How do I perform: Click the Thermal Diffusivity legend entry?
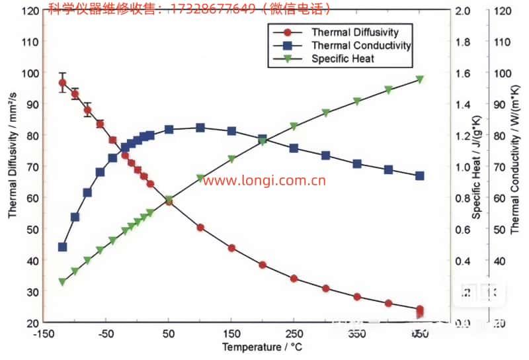(354, 32)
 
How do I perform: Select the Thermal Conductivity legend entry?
(361, 46)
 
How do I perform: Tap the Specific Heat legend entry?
(343, 58)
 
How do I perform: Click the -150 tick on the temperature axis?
(44, 335)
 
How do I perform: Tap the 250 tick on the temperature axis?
(293, 335)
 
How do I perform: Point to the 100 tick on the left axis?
(30, 73)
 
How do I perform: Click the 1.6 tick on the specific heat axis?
(461, 73)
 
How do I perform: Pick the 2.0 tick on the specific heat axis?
(461, 11)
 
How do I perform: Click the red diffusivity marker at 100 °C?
(200, 228)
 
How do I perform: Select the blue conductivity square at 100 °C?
(200, 128)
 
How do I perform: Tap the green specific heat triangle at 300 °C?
(325, 113)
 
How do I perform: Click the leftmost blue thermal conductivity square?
(62, 247)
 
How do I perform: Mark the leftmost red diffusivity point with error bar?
(62, 83)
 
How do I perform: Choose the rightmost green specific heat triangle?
(420, 79)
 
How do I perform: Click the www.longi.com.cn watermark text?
(264, 180)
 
